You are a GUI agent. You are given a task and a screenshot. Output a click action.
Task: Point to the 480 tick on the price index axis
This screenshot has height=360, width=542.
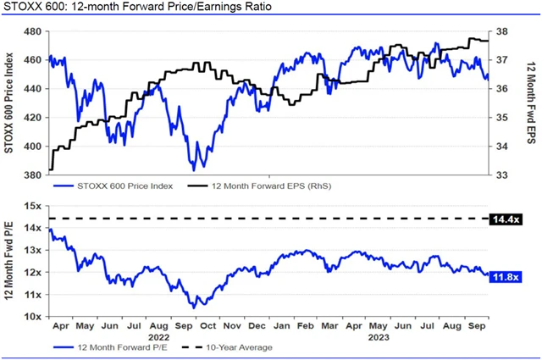tap(31, 32)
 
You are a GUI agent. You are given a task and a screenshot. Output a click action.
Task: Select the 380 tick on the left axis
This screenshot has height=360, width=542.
tap(31, 175)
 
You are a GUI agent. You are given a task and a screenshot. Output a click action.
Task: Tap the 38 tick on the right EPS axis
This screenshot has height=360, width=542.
tap(501, 32)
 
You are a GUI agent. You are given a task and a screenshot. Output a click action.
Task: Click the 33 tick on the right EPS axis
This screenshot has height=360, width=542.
tap(501, 175)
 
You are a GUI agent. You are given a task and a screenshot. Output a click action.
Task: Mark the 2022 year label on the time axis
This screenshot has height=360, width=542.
tap(158, 336)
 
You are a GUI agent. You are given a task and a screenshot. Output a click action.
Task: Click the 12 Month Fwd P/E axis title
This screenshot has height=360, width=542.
tap(10, 261)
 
